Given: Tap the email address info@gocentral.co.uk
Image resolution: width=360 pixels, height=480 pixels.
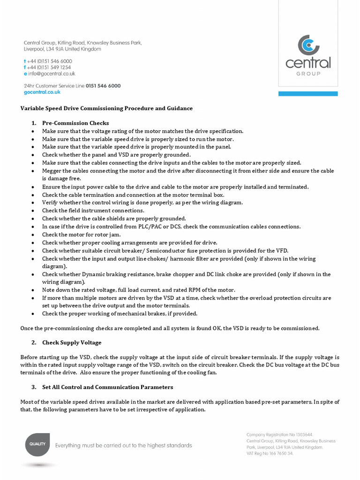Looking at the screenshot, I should [x=51, y=74].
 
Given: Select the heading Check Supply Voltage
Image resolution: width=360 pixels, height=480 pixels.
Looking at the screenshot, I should [x=71, y=343].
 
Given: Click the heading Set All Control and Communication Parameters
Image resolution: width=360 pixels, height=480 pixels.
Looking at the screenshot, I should [x=107, y=387].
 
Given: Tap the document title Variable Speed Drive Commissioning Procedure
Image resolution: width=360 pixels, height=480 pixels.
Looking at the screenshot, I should [x=106, y=108].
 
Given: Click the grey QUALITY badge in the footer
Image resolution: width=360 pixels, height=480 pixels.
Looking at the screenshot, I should [x=38, y=444].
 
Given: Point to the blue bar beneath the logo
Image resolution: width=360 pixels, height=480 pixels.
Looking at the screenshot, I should [x=308, y=94].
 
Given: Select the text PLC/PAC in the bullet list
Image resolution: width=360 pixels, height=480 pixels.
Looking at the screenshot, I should [x=156, y=227].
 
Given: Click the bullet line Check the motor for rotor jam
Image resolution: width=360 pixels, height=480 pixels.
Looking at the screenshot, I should [x=81, y=235].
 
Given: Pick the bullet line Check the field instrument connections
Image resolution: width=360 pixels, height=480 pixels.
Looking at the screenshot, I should [x=93, y=211].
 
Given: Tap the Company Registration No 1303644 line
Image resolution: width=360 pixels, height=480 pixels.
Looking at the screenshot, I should [x=279, y=435].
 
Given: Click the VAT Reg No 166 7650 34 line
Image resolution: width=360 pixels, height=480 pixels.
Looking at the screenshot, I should [x=270, y=453].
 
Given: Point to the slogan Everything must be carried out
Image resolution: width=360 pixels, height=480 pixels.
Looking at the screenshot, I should [x=124, y=445].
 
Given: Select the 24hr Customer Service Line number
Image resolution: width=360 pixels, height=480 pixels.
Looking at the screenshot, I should [x=103, y=86].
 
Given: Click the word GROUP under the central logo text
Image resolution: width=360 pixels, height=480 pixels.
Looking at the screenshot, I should [x=308, y=74].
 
